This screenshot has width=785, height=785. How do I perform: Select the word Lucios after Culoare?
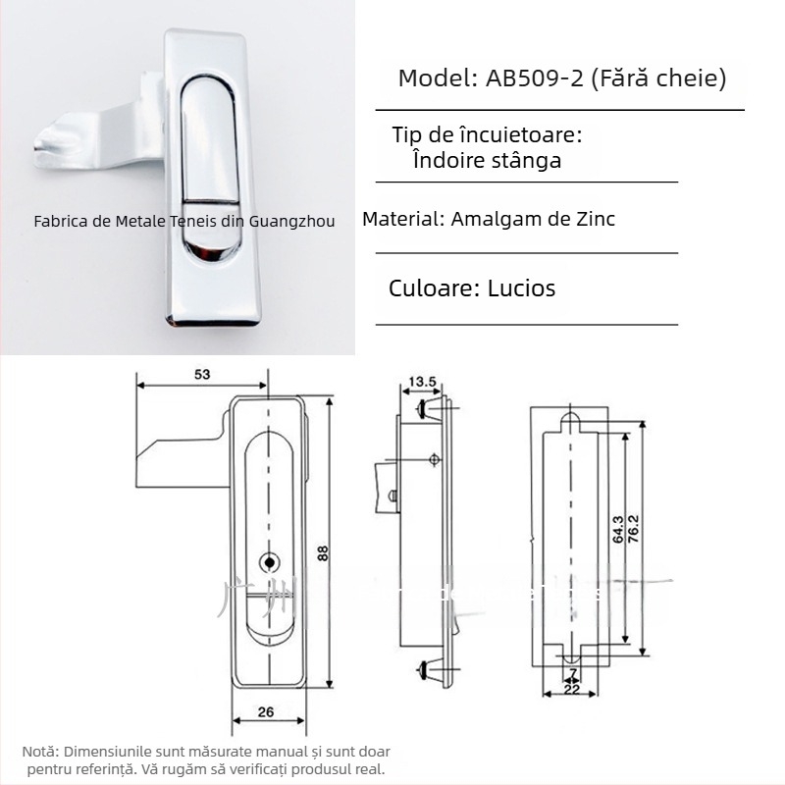coord(521,288)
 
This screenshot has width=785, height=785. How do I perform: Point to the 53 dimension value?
coord(202,374)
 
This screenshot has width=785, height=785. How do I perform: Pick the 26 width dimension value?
coord(266,713)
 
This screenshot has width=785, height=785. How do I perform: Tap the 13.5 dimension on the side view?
coord(423,381)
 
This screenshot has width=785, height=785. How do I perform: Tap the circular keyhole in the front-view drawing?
coord(269,561)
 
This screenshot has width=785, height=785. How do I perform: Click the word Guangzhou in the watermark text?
coord(293,222)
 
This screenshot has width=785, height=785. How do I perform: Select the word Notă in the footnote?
coord(39,750)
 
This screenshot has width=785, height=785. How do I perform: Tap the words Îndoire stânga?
coord(489,161)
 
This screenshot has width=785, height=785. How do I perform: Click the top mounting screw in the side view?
coord(427,407)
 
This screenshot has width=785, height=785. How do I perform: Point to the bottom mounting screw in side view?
coord(428,671)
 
